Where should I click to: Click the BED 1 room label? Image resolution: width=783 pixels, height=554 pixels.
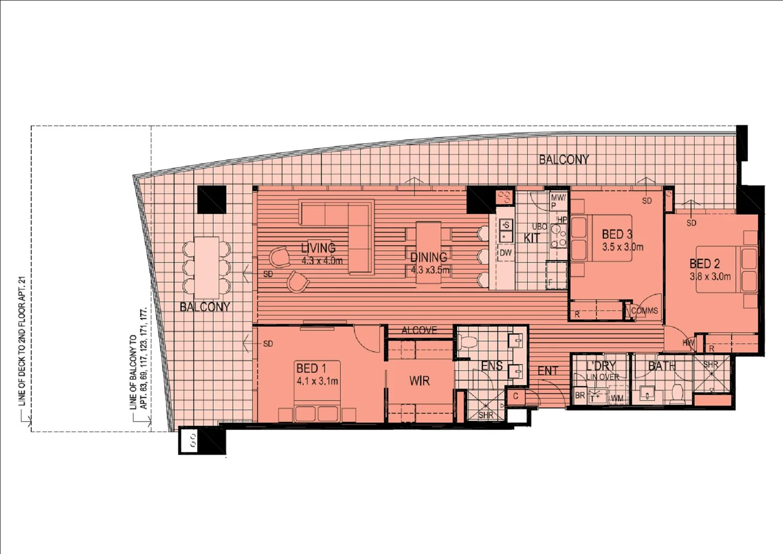coord(311,368)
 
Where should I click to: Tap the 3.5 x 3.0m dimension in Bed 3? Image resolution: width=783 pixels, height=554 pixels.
coord(623,247)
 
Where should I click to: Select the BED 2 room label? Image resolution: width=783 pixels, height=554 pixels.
coord(705,264)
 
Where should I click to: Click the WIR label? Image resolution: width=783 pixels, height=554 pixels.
coord(419,381)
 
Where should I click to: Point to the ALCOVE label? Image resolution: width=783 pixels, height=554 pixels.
coord(419,330)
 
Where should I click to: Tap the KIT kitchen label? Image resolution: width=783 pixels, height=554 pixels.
coord(531,238)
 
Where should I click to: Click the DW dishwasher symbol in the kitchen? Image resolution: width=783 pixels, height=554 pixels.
coord(505,253)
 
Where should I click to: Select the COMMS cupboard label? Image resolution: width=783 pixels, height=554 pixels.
coord(644,311)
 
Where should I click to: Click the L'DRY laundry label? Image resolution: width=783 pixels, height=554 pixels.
coord(601,366)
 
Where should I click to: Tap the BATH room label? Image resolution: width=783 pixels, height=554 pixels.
coord(662,366)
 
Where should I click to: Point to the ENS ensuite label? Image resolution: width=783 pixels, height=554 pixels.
coord(491,366)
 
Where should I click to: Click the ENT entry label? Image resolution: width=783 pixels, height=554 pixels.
coord(548,370)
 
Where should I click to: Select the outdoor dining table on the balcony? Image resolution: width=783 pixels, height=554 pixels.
coord(207,267)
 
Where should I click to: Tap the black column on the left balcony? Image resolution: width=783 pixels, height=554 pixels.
coord(212,200)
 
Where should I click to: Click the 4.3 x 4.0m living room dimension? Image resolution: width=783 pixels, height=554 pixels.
coord(322,261)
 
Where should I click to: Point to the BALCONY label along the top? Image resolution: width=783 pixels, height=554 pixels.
coord(564,160)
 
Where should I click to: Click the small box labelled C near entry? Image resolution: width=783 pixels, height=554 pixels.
coord(516,396)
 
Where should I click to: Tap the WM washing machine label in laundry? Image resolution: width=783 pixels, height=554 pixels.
coord(617,398)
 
